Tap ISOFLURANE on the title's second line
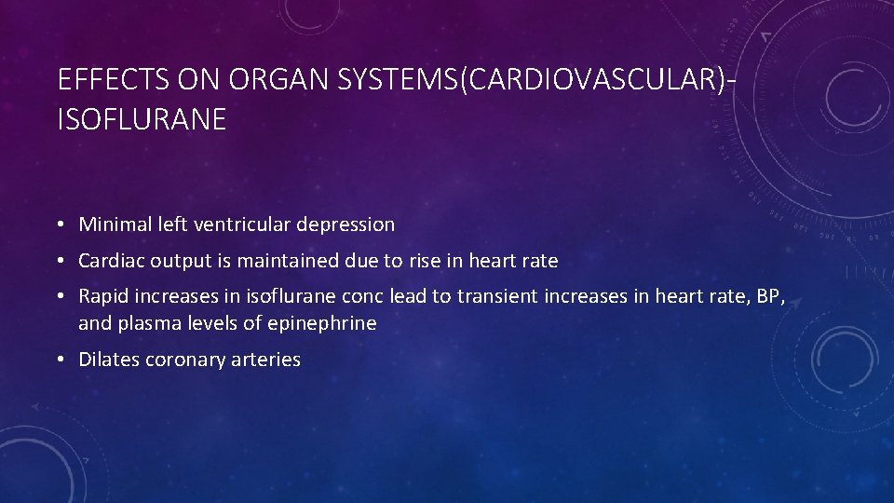[x=142, y=119]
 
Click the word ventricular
[x=237, y=224]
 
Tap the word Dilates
[x=109, y=360]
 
